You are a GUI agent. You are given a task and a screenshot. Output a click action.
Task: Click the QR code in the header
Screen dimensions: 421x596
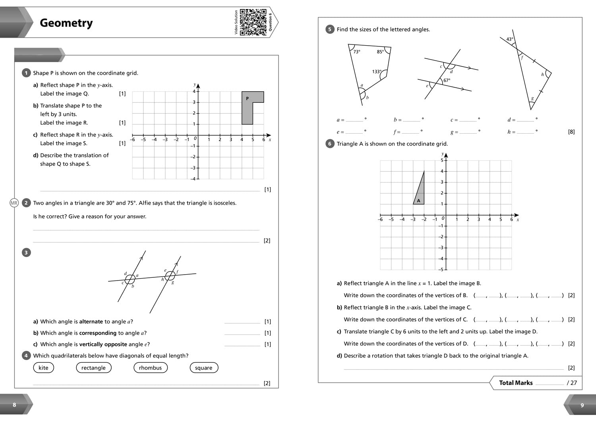(x=253, y=22)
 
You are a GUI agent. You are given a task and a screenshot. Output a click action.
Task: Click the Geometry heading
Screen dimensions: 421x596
(x=66, y=23)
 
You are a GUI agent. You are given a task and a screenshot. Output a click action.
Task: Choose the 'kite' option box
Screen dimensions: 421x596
(x=43, y=368)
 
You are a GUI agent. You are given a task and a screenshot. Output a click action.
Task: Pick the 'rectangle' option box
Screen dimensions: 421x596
(x=93, y=368)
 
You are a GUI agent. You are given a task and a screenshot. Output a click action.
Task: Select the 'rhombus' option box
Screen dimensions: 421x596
(x=150, y=368)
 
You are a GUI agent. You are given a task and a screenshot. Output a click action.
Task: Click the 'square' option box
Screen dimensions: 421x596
(x=203, y=368)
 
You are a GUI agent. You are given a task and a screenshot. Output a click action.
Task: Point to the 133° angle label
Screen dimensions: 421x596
(x=377, y=72)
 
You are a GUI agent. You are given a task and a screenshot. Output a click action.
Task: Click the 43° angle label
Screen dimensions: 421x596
(x=510, y=39)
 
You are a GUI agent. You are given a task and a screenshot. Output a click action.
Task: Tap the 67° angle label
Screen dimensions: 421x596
(x=447, y=81)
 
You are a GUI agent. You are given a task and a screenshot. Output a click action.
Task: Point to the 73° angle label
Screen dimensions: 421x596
(x=357, y=52)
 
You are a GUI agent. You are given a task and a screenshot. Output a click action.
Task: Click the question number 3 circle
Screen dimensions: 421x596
(x=26, y=252)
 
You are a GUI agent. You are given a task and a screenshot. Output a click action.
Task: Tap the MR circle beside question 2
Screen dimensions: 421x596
(x=14, y=203)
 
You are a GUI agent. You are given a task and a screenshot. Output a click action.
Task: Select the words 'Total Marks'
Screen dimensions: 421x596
(x=516, y=383)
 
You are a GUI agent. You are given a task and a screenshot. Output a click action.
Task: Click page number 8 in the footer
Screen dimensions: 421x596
(x=15, y=405)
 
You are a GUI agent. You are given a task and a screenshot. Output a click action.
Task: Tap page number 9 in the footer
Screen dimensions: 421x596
(x=582, y=405)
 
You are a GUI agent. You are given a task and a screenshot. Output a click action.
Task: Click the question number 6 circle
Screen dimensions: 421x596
(x=329, y=144)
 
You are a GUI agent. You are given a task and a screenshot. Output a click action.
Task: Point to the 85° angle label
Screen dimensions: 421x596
(x=380, y=52)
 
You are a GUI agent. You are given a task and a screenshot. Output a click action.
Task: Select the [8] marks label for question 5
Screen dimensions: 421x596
(x=571, y=132)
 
